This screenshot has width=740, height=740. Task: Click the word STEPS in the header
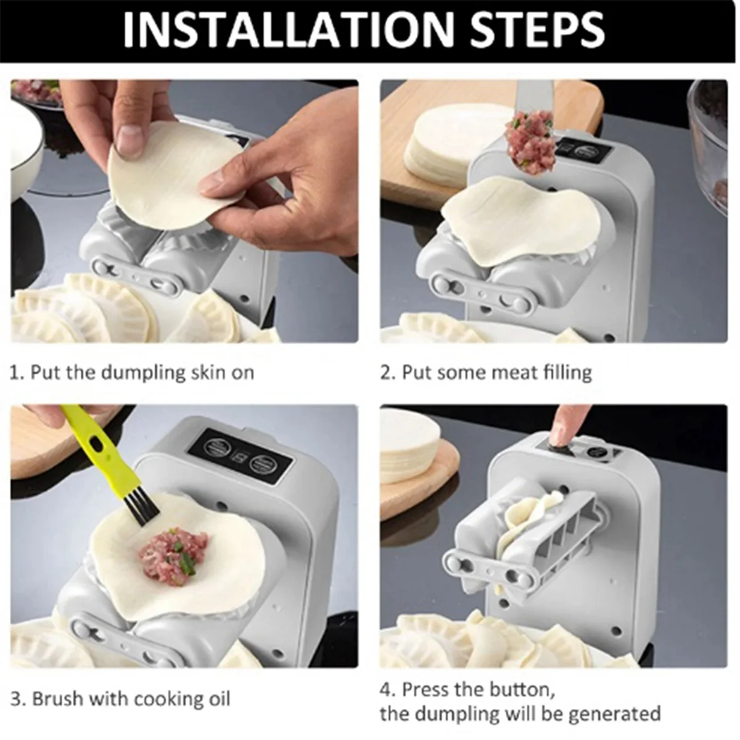pos(538,30)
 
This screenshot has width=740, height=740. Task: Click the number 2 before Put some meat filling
pos(385,373)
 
